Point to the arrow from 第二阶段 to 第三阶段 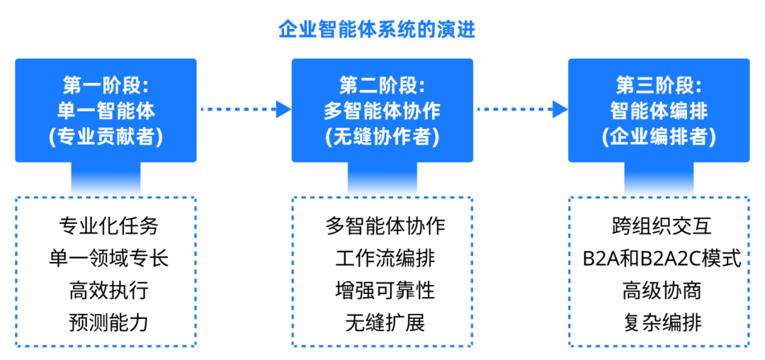(521, 110)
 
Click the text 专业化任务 (109, 226)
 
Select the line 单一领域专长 (109, 258)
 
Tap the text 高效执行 (109, 290)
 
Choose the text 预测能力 (109, 322)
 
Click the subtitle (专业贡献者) (106, 136)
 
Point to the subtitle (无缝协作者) (382, 136)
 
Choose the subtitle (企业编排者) (658, 136)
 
